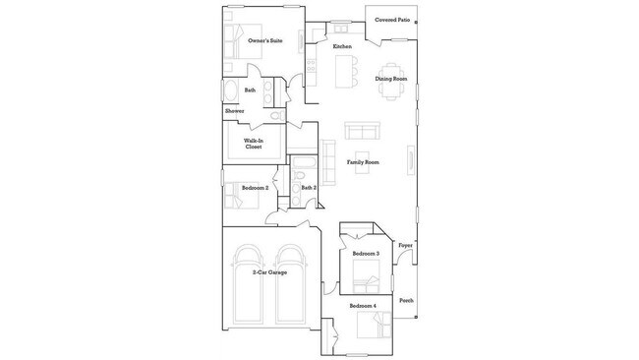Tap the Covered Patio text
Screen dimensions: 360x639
(x=390, y=20)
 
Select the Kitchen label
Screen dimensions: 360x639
(x=342, y=47)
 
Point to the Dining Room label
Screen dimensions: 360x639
(x=390, y=79)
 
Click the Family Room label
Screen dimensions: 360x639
(x=363, y=162)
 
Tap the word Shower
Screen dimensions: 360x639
(x=235, y=111)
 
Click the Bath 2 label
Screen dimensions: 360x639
(x=309, y=188)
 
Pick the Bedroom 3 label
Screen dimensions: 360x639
(x=365, y=254)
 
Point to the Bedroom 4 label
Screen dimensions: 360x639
(x=364, y=307)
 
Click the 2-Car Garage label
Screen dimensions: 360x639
(x=269, y=271)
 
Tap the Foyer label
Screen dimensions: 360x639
(x=405, y=245)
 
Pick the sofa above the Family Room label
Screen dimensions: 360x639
(x=362, y=131)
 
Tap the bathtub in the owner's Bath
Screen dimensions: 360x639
(x=230, y=93)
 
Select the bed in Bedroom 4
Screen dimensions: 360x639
(x=378, y=326)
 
